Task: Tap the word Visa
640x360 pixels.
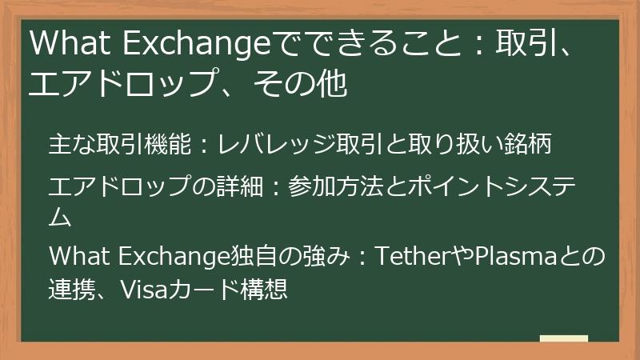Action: click(x=142, y=287)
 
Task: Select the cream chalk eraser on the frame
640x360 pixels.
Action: click(x=563, y=338)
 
